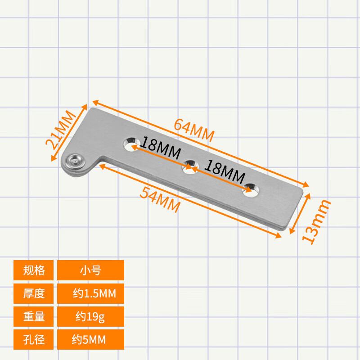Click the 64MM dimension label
pos(194,130)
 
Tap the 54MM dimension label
pos(160,199)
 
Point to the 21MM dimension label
pos(60,130)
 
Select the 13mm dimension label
pos(316,222)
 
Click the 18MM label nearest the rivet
pos(160,148)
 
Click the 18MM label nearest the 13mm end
pos(225,172)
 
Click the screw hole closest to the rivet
pos(131,144)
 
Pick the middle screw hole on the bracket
pos(190,167)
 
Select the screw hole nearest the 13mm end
pos(251,190)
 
